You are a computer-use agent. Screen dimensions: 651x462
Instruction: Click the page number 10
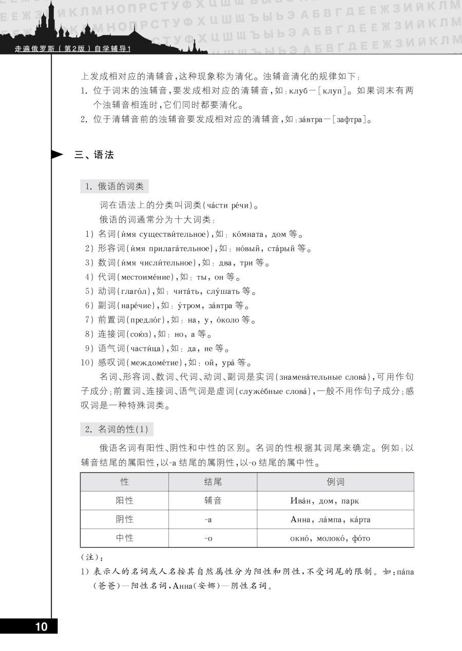(x=41, y=626)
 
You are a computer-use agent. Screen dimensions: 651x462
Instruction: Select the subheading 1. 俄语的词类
(x=114, y=187)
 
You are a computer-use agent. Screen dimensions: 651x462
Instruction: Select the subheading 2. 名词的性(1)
(x=117, y=429)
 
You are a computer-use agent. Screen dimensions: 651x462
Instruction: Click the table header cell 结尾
(x=213, y=482)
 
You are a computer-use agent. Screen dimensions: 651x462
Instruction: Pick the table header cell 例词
(x=335, y=482)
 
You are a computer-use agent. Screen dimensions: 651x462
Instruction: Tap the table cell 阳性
(x=124, y=500)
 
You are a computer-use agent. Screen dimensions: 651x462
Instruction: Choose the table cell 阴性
(x=124, y=519)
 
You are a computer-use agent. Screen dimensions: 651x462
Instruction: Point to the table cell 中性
(x=124, y=538)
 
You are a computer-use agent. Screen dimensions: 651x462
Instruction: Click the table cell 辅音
(x=213, y=500)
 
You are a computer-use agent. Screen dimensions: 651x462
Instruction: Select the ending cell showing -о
(x=208, y=538)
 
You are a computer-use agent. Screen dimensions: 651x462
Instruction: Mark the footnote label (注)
(x=88, y=556)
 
